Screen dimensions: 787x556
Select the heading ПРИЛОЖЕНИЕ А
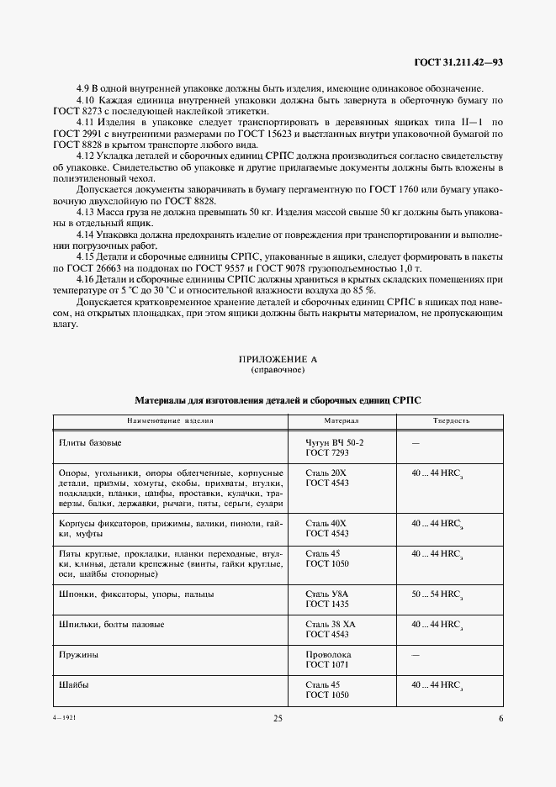(278, 359)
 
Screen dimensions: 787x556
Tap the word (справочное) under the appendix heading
(278, 370)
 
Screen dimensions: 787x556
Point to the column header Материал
(342, 420)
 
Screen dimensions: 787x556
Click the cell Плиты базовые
(90, 441)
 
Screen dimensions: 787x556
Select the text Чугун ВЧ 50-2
(335, 441)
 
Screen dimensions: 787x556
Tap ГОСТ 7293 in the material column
(326, 452)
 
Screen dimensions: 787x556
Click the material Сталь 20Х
(326, 473)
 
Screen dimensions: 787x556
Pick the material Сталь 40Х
(326, 523)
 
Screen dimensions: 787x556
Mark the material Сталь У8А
(327, 594)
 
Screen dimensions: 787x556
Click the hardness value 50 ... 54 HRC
(437, 594)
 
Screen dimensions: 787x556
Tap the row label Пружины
(78, 653)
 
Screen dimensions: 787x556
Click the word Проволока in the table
(329, 653)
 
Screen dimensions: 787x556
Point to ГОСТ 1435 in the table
(326, 605)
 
